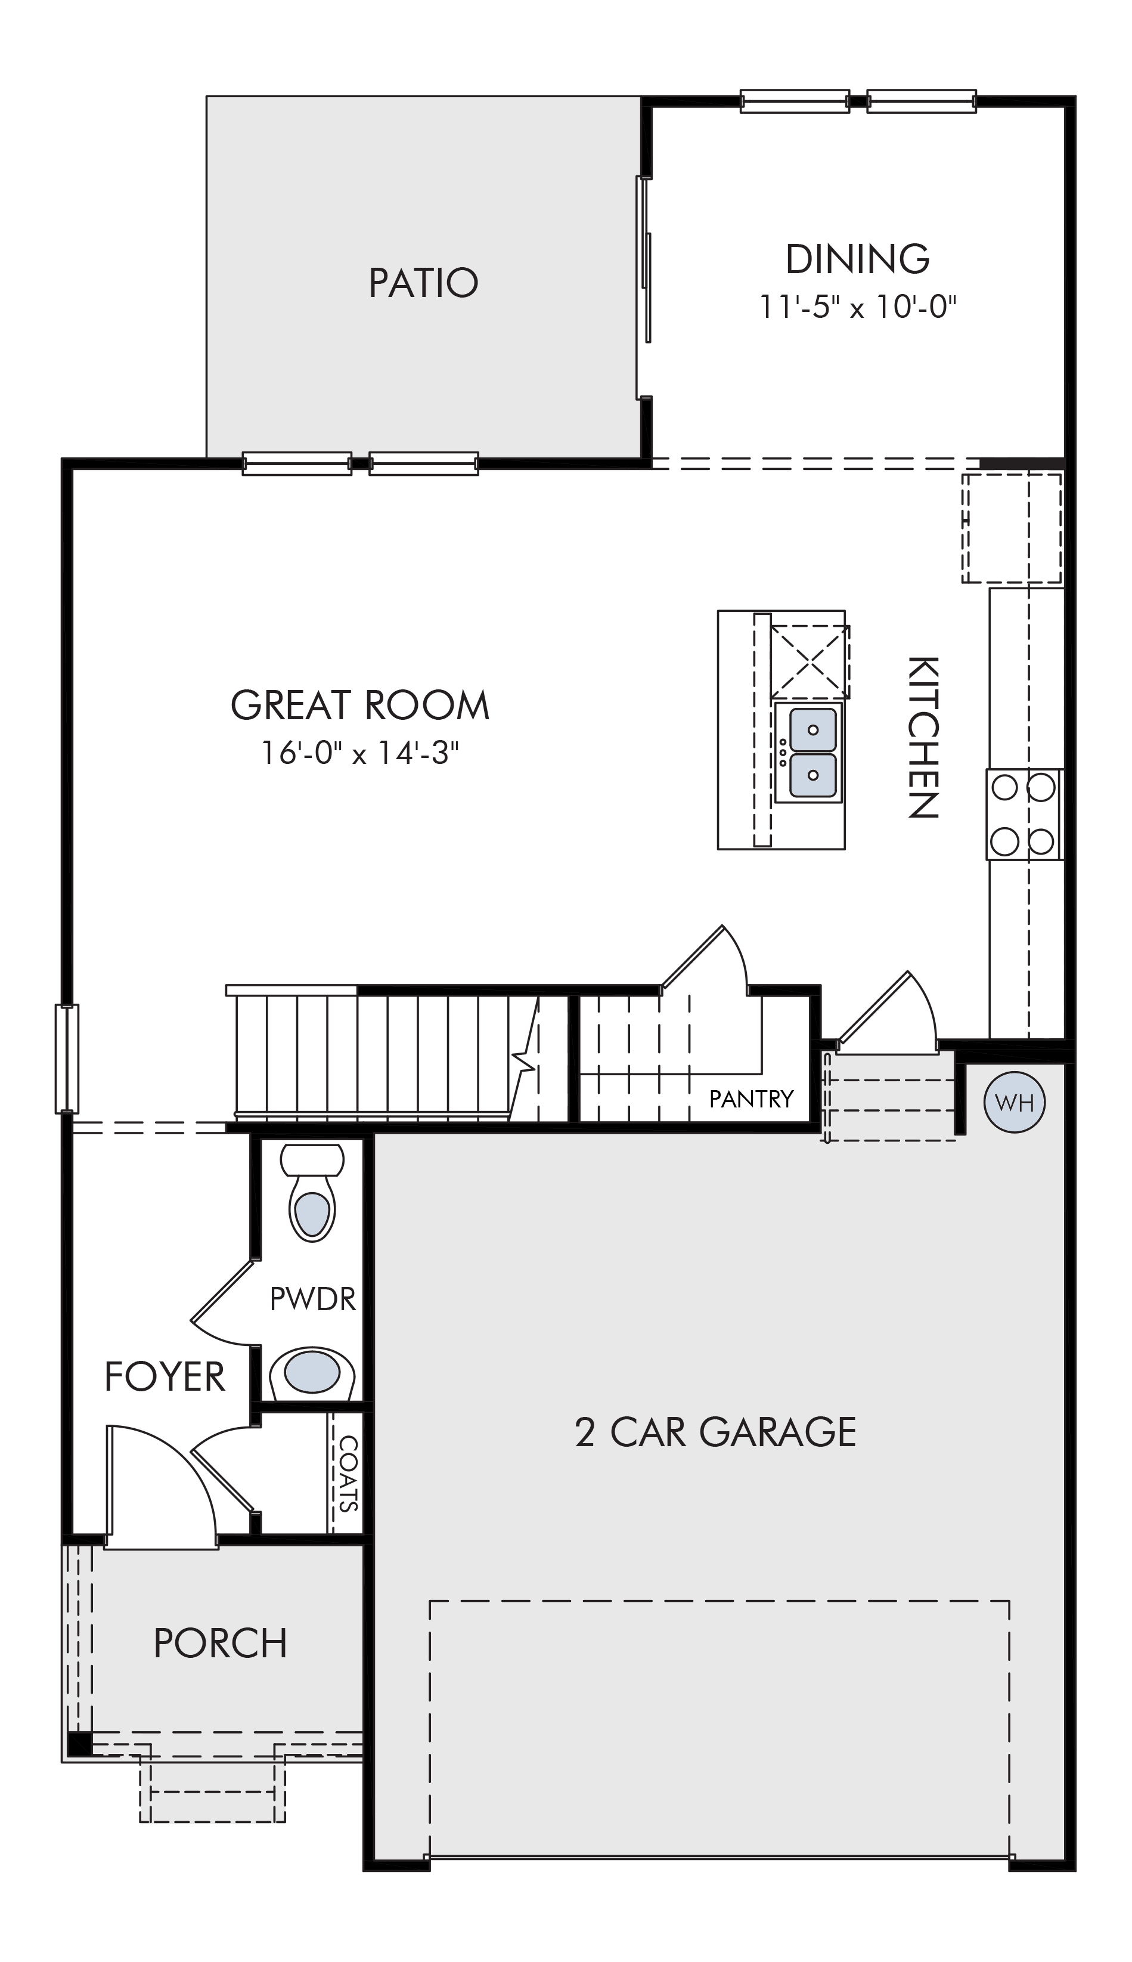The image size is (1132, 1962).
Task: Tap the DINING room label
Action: [x=858, y=259]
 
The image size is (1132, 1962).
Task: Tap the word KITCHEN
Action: [x=923, y=737]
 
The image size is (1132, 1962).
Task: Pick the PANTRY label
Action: [x=752, y=1099]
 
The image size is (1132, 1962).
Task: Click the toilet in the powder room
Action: [x=312, y=1192]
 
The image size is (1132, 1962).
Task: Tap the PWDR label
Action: [x=312, y=1299]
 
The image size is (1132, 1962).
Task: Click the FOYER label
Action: [x=165, y=1376]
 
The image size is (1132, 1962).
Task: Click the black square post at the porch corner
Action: [x=79, y=1744]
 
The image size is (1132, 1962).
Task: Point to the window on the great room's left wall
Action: [x=67, y=1059]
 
